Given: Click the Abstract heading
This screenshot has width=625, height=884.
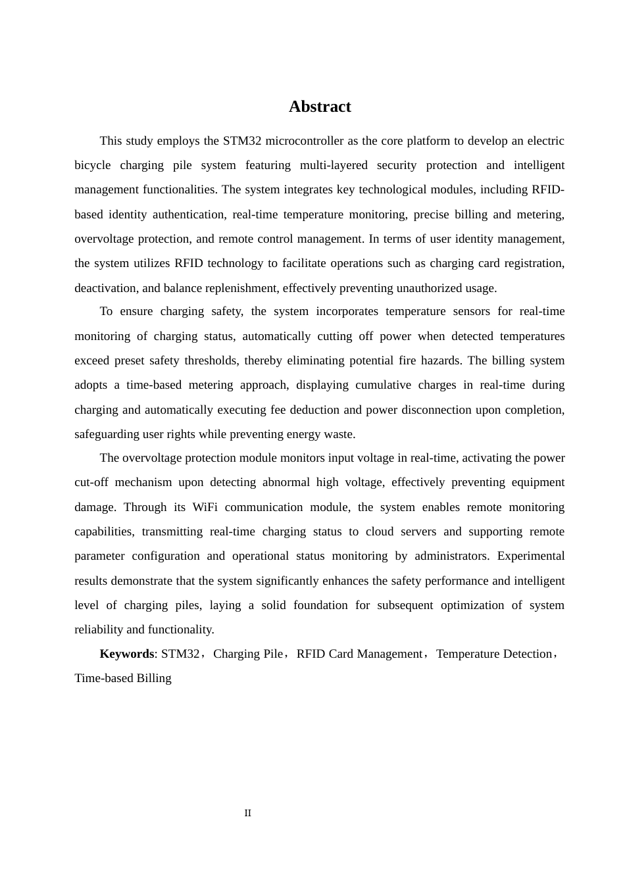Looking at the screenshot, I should coord(320,107).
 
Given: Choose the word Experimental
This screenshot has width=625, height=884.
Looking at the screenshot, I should coord(531,556).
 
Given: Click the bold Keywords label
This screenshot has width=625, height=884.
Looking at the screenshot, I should coord(126,654).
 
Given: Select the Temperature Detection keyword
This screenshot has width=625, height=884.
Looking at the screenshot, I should coord(494,654).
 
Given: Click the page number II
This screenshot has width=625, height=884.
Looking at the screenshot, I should coord(248,813).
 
